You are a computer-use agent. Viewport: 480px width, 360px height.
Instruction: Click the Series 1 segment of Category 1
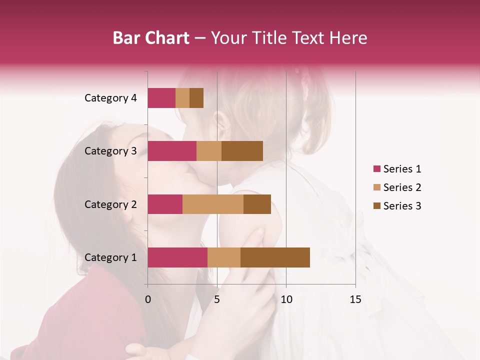(177, 257)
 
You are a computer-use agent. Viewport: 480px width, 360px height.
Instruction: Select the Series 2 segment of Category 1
(224, 257)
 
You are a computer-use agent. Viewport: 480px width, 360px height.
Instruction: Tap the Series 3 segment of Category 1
(275, 257)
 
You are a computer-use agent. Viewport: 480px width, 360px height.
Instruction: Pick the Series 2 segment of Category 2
(213, 204)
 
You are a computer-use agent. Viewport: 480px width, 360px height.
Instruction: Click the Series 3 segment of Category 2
(257, 204)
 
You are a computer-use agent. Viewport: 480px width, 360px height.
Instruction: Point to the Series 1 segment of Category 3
(172, 151)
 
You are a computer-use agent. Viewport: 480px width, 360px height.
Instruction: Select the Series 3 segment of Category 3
(242, 151)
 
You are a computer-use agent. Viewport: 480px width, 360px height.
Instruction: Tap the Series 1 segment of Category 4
(161, 98)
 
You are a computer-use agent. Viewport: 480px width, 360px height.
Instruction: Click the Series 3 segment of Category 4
(196, 98)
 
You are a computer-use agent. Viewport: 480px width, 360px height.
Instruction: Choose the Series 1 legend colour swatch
(377, 169)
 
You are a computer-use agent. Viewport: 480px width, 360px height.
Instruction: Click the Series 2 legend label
(402, 187)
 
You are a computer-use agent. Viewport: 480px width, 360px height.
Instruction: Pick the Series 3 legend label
(402, 206)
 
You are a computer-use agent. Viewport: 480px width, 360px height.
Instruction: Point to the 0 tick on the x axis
(148, 299)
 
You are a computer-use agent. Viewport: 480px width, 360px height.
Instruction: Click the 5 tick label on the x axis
(217, 299)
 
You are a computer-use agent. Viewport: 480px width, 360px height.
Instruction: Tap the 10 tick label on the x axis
(286, 299)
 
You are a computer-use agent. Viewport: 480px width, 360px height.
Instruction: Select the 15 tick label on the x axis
(355, 299)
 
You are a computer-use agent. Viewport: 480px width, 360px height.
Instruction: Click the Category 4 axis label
(110, 98)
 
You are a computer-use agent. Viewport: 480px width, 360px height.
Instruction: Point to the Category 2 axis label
(110, 204)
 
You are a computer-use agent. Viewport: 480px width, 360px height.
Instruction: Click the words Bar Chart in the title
(151, 37)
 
